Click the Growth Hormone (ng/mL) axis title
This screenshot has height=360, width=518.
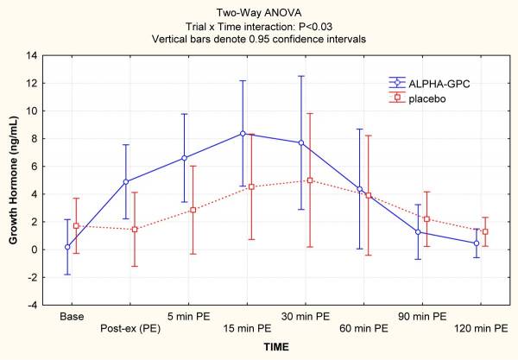tap(14, 180)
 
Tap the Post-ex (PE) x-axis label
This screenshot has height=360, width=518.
tap(126, 328)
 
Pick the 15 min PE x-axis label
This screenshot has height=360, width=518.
tap(243, 328)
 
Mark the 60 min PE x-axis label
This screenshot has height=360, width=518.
tap(359, 328)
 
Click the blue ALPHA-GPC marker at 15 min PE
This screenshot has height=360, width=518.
tap(243, 133)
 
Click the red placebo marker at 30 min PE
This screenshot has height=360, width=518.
tap(309, 180)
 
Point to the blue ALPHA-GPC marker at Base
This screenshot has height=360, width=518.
tap(67, 247)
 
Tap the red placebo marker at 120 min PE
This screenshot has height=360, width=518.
tap(485, 231)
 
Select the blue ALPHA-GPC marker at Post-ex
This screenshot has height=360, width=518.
tap(126, 181)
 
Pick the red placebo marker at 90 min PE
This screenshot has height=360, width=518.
tap(426, 219)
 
